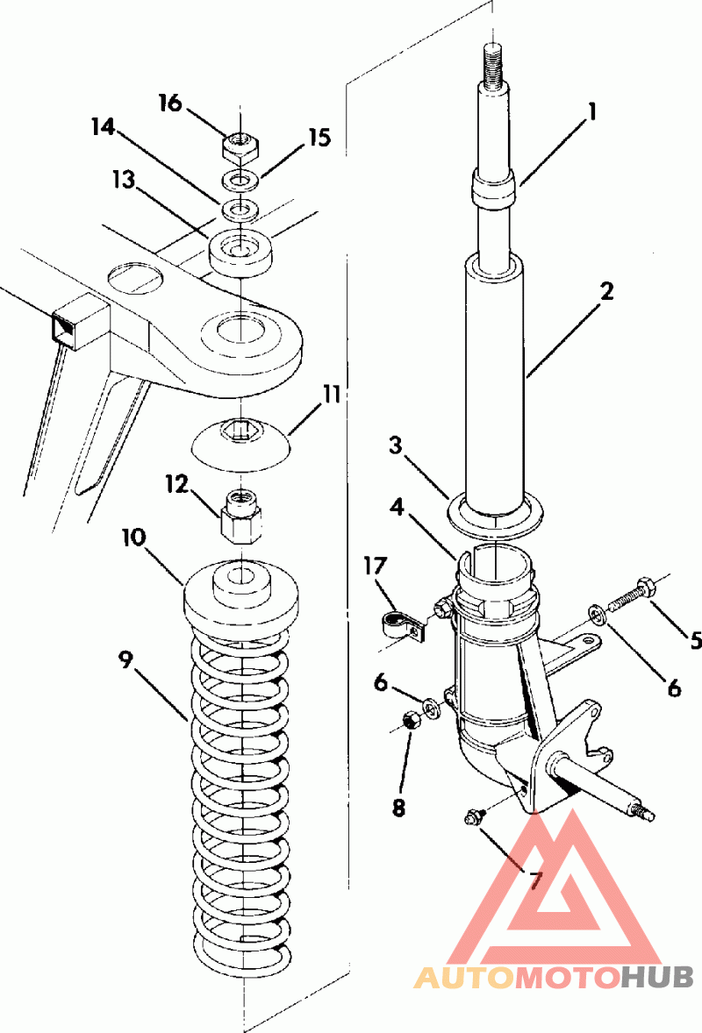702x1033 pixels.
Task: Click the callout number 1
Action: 592,112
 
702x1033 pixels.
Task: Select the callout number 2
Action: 606,292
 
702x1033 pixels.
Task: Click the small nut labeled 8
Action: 408,722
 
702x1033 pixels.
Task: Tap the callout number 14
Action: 104,127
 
